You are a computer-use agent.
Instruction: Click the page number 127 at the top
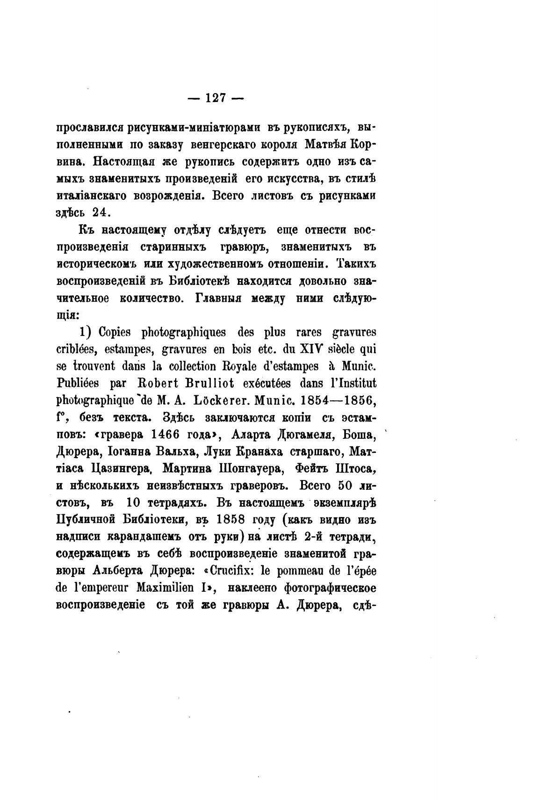216,98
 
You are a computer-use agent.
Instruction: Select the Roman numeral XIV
298,349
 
